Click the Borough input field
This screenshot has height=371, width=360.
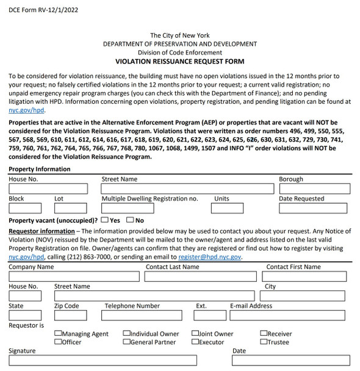pyautogui.click(x=314, y=189)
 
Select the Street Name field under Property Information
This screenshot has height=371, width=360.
pyautogui.click(x=187, y=189)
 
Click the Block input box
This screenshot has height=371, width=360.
pyautogui.click(x=25, y=209)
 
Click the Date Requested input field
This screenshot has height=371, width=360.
pyautogui.click(x=314, y=209)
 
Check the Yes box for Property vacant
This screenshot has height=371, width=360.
pyautogui.click(x=105, y=220)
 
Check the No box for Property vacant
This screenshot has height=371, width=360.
pyautogui.click(x=130, y=220)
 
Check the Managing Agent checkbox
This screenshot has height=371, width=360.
pyautogui.click(x=58, y=334)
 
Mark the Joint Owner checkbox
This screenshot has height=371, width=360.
pyautogui.click(x=195, y=334)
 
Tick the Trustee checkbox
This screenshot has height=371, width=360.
pyautogui.click(x=263, y=342)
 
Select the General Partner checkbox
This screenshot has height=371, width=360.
pyautogui.click(x=126, y=342)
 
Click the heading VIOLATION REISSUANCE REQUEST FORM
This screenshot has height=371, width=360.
pyautogui.click(x=180, y=62)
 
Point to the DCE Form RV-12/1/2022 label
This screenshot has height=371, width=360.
pyautogui.click(x=44, y=10)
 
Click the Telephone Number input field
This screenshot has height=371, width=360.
pyautogui.click(x=144, y=315)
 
